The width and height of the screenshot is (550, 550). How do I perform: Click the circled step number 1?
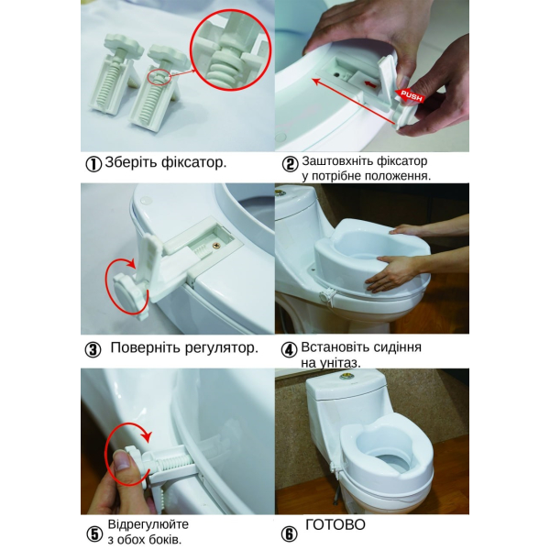click(x=93, y=164)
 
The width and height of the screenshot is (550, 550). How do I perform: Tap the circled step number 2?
click(x=290, y=164)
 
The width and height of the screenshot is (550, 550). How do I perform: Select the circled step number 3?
click(x=93, y=350)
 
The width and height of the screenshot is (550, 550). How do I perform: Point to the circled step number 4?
click(x=290, y=350)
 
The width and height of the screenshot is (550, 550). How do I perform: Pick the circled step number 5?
click(x=94, y=534)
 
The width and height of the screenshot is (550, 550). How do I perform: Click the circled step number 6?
click(x=290, y=534)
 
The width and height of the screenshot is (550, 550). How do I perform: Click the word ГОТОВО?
click(x=335, y=525)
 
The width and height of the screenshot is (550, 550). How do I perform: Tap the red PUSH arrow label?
click(x=411, y=95)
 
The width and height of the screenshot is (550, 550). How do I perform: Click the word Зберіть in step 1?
click(x=131, y=162)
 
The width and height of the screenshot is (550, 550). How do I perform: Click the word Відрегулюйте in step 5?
click(x=148, y=524)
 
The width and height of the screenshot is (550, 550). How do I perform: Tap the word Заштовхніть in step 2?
click(x=337, y=161)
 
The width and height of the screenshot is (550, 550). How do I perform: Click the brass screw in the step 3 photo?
click(x=215, y=246)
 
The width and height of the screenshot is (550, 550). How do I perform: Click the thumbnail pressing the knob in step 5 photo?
click(x=122, y=460)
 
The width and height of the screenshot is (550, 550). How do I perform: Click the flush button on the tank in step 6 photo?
click(x=344, y=378)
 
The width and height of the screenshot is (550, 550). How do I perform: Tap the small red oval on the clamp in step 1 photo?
click(x=159, y=79)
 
